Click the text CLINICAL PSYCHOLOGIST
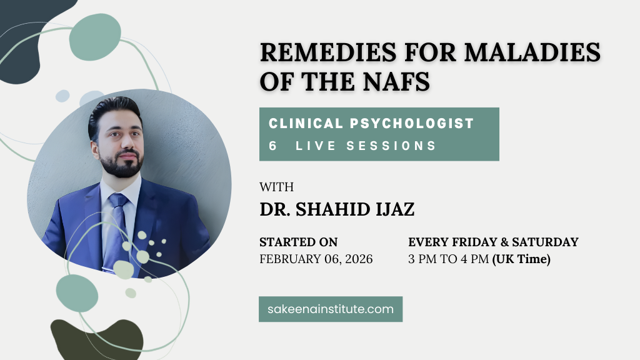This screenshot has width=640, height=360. click(x=371, y=123)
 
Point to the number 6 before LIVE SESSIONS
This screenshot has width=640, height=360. click(x=273, y=146)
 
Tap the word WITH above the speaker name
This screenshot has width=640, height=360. click(x=276, y=186)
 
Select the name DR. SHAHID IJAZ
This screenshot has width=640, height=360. click(x=337, y=209)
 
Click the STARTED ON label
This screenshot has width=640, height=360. click(x=298, y=242)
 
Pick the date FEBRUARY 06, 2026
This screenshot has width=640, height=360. click(x=316, y=259)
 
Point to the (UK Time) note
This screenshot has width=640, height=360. click(x=521, y=259)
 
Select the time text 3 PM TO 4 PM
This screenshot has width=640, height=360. click(x=448, y=259)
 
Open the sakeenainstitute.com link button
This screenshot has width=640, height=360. click(x=330, y=309)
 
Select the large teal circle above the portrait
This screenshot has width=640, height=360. click(x=95, y=37)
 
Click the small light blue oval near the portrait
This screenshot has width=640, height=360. click(x=62, y=96)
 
